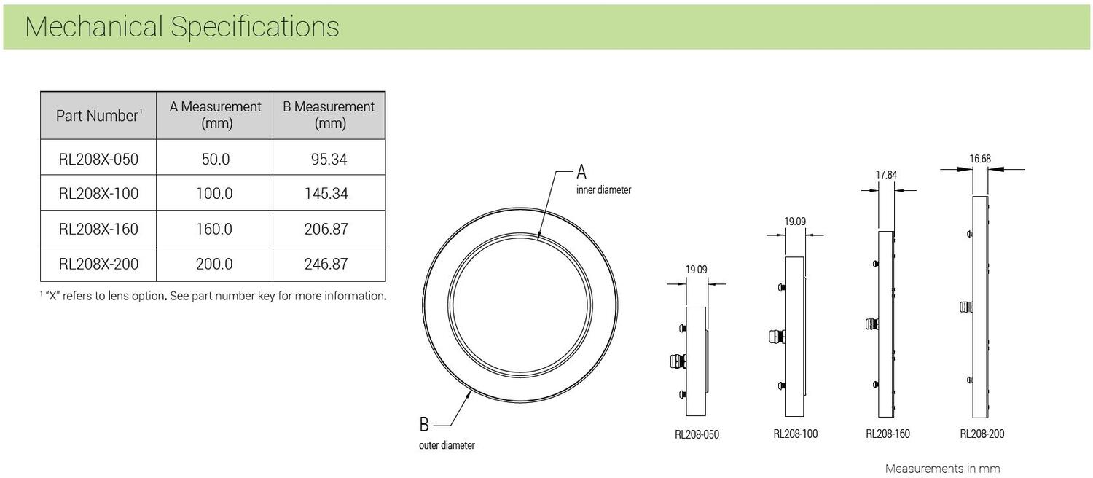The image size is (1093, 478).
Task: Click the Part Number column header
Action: [98, 116]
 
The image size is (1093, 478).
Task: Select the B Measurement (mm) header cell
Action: [329, 116]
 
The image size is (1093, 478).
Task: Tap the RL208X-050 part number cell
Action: [98, 159]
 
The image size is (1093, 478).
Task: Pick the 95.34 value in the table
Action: [329, 159]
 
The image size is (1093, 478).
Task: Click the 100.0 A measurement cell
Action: [214, 194]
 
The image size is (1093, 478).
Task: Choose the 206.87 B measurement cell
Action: [326, 229]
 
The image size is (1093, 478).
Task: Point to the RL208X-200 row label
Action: [98, 264]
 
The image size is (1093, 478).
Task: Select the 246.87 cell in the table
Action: [326, 264]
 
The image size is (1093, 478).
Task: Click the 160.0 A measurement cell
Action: [214, 229]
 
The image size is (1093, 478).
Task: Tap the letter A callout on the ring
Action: [581, 172]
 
